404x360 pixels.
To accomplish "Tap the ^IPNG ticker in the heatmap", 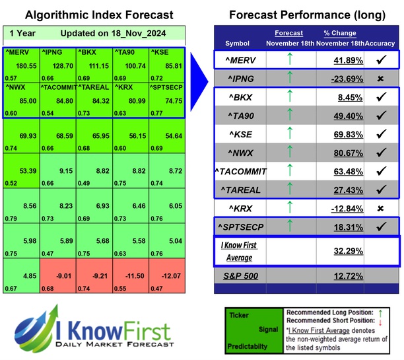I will pos(52,51).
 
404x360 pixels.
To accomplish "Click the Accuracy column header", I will pos(382,43).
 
